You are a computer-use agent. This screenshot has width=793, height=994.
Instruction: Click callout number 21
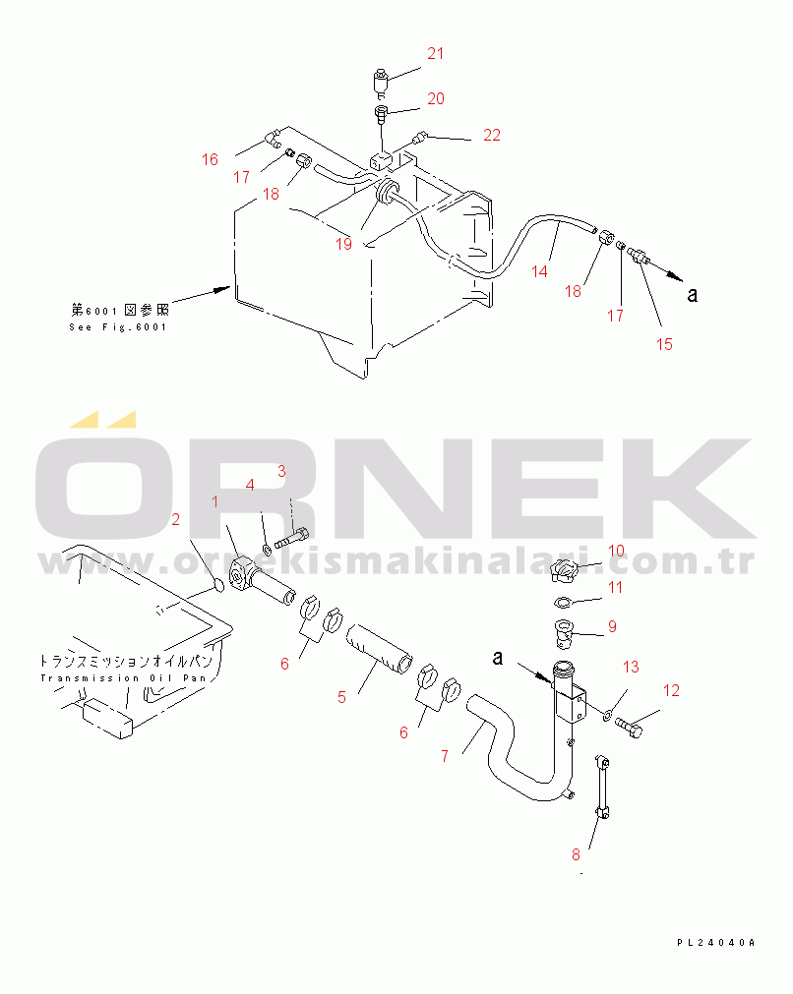pos(435,53)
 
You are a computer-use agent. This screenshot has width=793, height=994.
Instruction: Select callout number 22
pos(492,136)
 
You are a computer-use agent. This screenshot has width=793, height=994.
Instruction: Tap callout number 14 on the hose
pos(540,271)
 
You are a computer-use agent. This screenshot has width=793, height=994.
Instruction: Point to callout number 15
pos(664,344)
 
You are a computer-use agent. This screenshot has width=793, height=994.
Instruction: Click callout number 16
pos(210,158)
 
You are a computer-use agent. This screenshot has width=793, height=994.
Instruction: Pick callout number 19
pos(342,244)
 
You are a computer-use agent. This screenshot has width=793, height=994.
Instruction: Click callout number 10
pos(615,551)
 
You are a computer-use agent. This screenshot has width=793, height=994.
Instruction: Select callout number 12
pos(670,691)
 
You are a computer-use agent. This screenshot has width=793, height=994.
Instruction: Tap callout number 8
pos(577,854)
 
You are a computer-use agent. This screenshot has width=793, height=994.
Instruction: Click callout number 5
pos(341,697)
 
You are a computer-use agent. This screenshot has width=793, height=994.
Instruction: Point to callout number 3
pos(281,472)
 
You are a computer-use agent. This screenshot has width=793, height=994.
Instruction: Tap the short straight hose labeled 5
pos(379,651)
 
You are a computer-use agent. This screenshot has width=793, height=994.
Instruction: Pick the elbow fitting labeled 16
pos(271,139)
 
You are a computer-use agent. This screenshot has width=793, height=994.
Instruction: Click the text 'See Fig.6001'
pos(118,327)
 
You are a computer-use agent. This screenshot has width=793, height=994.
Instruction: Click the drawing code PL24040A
pos(715,943)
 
